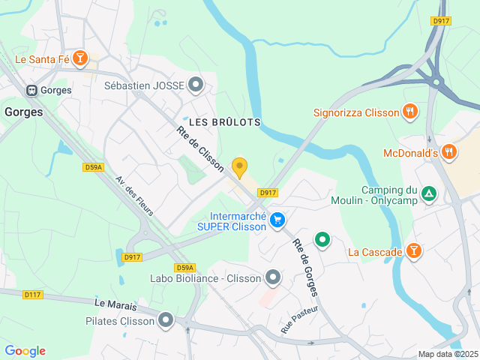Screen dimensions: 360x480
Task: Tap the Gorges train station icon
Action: tap(32, 90)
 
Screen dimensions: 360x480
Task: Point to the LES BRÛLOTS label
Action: tap(225, 121)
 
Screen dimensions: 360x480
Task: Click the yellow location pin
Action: tap(239, 166)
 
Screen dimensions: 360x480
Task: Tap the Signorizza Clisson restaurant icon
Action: tap(409, 112)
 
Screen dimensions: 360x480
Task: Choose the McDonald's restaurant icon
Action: tap(448, 152)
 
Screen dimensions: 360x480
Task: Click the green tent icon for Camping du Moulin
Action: tap(428, 194)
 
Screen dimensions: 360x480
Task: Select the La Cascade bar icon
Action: tap(412, 250)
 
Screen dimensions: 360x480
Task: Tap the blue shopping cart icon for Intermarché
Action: tap(278, 220)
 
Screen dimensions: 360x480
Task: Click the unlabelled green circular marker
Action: tap(322, 240)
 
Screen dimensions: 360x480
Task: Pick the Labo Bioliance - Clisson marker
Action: tap(273, 278)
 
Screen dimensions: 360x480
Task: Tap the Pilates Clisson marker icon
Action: tap(166, 321)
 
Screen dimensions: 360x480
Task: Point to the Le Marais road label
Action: tap(111, 304)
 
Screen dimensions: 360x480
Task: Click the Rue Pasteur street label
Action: tap(299, 319)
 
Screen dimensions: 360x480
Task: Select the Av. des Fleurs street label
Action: tap(135, 196)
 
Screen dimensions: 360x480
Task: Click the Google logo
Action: tap(25, 351)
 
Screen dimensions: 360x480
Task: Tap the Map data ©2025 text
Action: tap(447, 354)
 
